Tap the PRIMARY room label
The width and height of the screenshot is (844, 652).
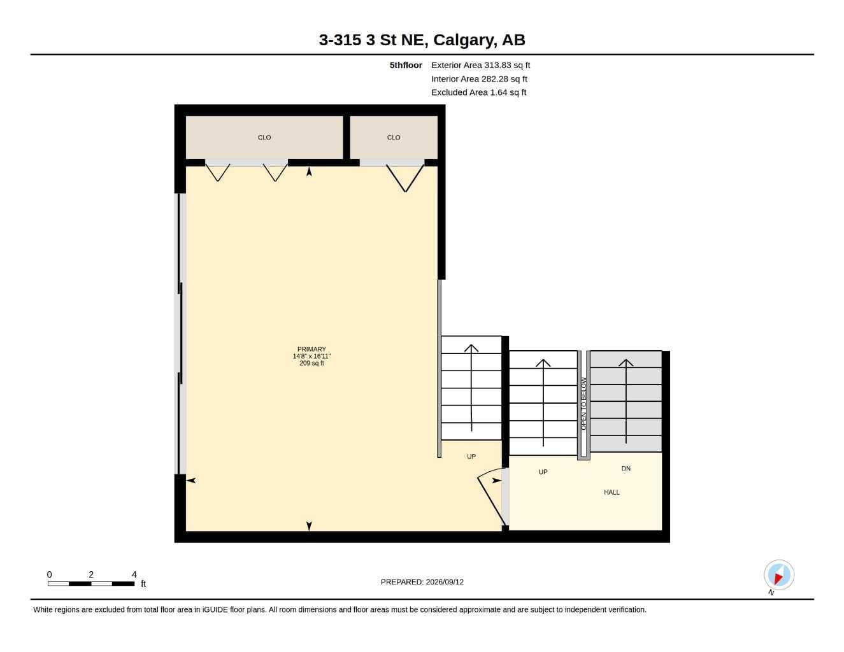click(x=311, y=350)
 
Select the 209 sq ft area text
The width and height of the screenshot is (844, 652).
click(x=311, y=364)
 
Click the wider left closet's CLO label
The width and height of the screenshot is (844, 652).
click(x=264, y=138)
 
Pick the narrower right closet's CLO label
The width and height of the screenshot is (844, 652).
click(x=394, y=138)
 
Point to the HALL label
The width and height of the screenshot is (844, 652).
click(x=612, y=492)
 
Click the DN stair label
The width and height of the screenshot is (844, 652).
click(x=626, y=469)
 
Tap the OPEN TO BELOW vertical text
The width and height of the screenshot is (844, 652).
click(x=583, y=404)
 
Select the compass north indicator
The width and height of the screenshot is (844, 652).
click(x=779, y=575)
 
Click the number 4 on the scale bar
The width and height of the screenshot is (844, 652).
click(x=134, y=574)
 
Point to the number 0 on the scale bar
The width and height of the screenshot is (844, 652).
click(x=49, y=574)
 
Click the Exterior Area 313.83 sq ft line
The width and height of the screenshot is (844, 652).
click(x=480, y=65)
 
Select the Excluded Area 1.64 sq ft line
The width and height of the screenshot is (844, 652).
click(x=478, y=92)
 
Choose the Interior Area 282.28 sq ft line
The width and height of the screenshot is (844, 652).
click(x=479, y=79)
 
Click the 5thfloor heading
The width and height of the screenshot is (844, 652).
click(x=406, y=65)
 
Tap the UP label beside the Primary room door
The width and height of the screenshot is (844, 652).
click(x=471, y=457)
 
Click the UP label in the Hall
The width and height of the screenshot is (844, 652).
click(x=543, y=472)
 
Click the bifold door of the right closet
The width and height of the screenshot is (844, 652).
click(x=404, y=178)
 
